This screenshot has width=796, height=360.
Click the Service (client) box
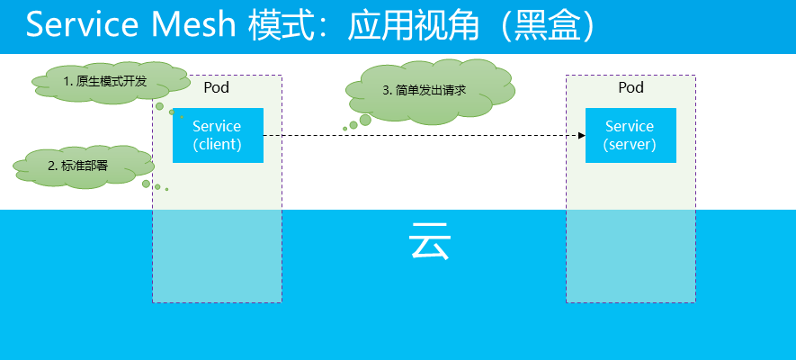(x=218, y=135)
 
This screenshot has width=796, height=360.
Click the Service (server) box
(x=631, y=135)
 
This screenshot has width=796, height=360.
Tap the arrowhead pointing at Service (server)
(x=582, y=136)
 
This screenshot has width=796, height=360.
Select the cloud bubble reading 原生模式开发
(x=112, y=83)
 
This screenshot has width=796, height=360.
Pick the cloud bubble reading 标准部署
(x=84, y=166)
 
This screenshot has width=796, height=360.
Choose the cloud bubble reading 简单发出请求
(x=429, y=92)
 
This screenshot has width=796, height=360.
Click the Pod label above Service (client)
(x=217, y=87)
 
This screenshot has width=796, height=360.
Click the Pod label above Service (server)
(x=631, y=87)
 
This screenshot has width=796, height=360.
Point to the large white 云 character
(x=429, y=240)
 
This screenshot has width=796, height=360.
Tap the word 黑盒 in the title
(x=546, y=24)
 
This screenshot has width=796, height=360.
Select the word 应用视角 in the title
(x=413, y=24)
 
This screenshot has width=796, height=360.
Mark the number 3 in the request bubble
(x=385, y=91)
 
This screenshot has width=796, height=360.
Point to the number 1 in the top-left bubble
(x=66, y=82)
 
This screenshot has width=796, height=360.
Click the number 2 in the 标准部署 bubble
(x=51, y=166)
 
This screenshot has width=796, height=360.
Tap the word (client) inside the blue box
(x=218, y=144)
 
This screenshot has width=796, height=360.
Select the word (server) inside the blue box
(x=630, y=144)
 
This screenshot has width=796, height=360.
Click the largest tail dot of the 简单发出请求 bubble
(x=365, y=120)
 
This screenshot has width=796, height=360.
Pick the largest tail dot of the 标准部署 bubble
(x=147, y=184)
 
